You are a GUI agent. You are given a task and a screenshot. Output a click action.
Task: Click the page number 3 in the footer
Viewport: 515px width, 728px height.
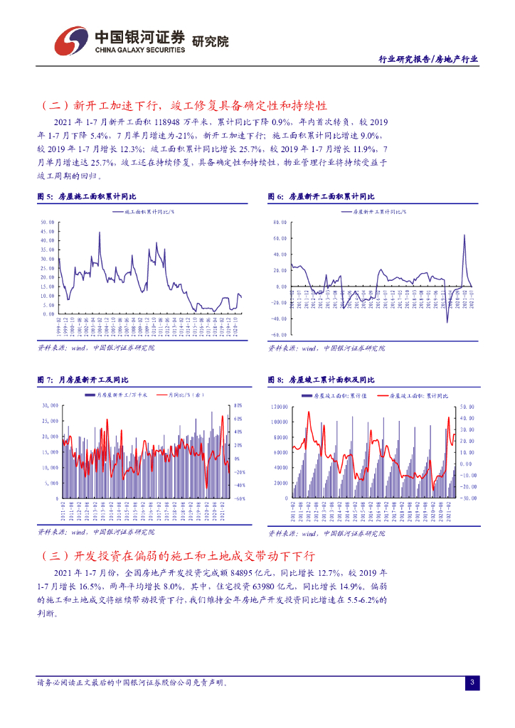(x=472, y=682)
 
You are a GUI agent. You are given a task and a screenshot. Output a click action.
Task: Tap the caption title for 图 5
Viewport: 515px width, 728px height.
(x=87, y=196)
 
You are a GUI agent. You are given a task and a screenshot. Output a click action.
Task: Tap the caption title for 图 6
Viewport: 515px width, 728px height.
(x=320, y=196)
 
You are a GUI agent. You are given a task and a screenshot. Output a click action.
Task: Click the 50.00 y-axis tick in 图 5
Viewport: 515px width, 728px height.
(x=48, y=222)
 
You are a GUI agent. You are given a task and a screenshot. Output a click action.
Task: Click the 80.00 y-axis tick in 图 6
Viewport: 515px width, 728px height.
(x=280, y=222)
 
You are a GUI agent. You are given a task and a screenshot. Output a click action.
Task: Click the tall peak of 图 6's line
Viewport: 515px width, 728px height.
(x=464, y=235)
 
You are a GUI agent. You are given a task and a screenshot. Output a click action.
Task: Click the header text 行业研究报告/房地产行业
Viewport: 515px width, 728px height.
(x=427, y=60)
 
